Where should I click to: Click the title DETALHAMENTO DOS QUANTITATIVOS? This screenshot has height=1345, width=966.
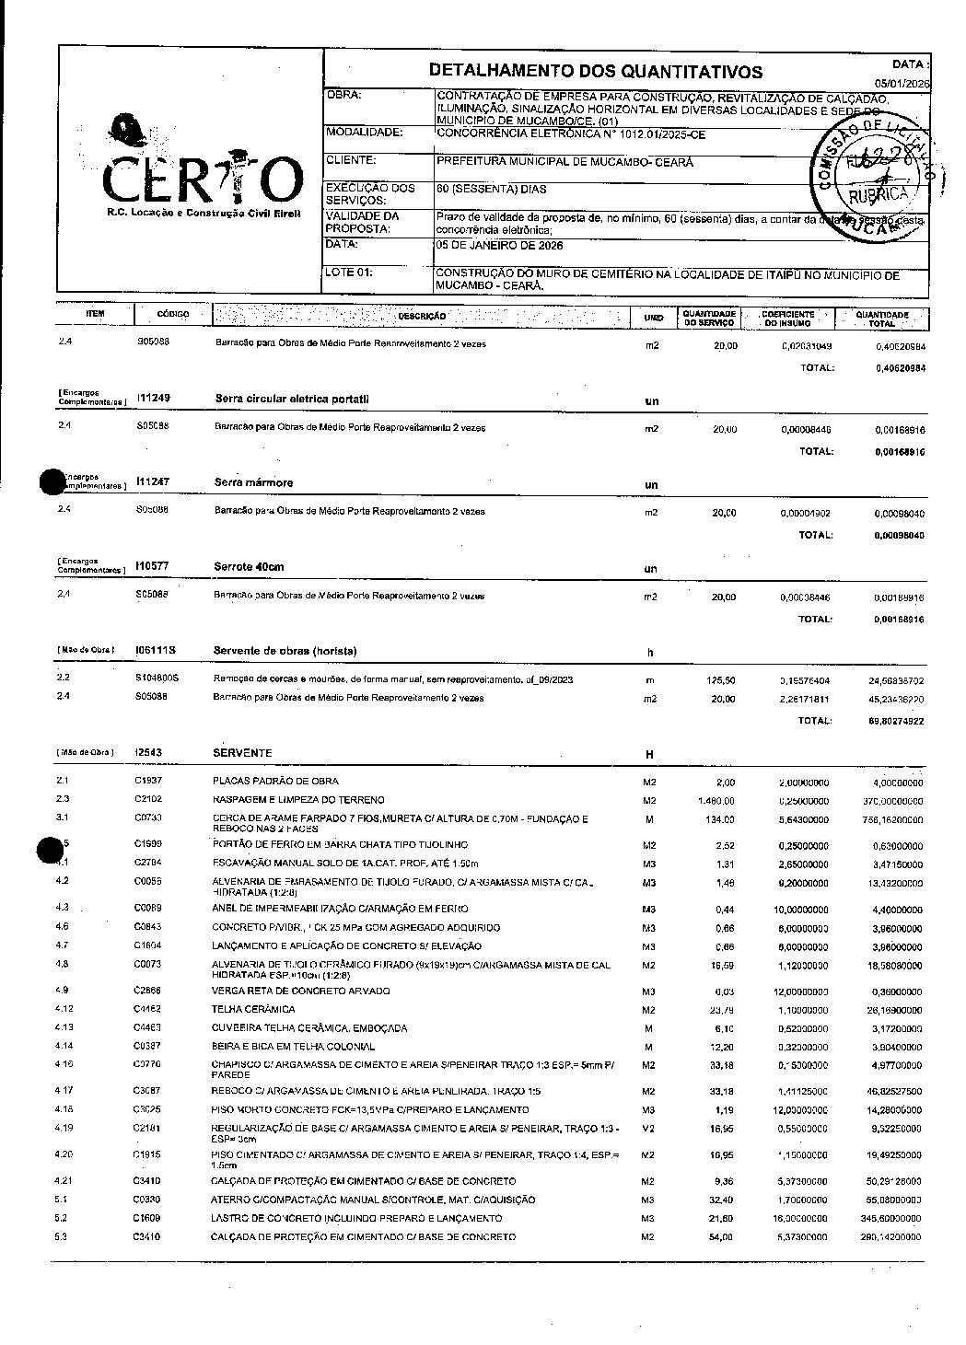click(x=596, y=72)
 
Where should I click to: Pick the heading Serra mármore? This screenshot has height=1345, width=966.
click(x=253, y=482)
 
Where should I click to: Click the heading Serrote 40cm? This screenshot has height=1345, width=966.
click(x=250, y=566)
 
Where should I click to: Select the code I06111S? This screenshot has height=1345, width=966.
click(x=156, y=651)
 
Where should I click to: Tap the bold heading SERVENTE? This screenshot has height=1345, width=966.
click(x=242, y=753)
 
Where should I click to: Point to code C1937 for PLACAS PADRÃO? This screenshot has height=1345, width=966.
click(x=148, y=781)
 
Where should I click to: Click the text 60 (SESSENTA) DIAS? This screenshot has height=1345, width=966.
click(x=492, y=190)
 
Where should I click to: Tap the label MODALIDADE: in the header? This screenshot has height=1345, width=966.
click(x=365, y=133)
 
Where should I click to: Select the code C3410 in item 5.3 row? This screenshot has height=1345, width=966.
click(x=148, y=1236)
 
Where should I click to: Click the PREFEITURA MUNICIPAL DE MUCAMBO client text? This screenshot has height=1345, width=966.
click(x=564, y=162)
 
